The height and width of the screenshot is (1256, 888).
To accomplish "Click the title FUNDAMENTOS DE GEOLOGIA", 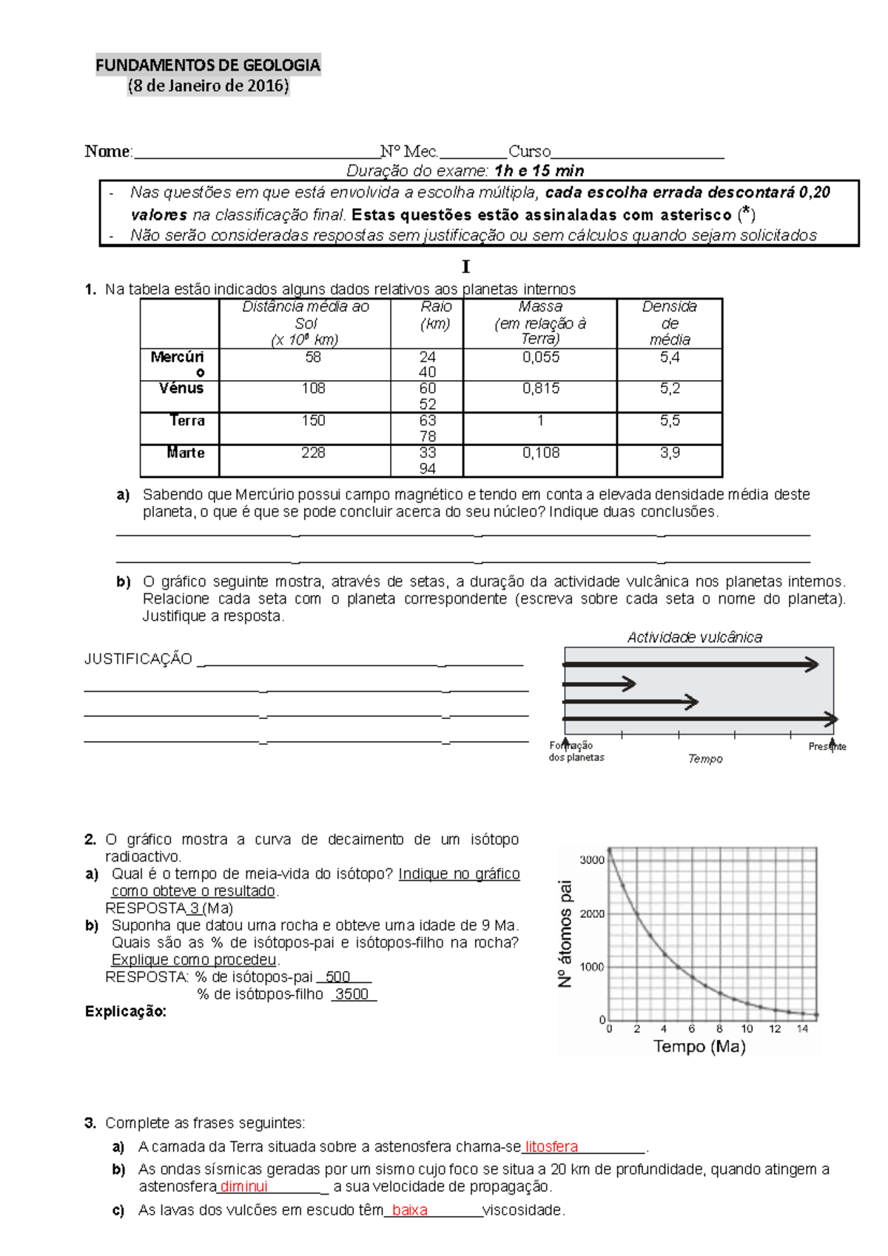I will coord(208,65).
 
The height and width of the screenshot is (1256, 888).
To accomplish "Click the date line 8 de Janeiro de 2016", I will coord(208,86).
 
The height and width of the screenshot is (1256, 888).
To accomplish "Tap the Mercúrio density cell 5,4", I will coord(670,357).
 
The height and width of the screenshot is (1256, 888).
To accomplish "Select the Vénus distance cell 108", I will coord(313,388).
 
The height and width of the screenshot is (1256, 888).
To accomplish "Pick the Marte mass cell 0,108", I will coord(541,453).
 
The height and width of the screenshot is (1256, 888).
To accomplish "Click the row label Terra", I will coord(186,421).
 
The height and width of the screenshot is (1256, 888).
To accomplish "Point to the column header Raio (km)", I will coord(436,315).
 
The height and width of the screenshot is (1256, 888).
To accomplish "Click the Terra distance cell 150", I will coord(313,421).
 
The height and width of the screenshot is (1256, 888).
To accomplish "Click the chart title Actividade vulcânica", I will coord(694,637).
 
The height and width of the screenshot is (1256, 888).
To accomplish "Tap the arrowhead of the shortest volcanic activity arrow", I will coord(630,683).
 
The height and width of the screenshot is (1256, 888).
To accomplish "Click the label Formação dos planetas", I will coord(576,752).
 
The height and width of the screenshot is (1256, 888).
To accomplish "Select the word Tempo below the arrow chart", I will coord(704,759).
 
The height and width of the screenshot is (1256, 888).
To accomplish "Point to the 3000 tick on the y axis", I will coord(592,860).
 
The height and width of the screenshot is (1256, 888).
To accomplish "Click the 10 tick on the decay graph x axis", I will coord(747,1029).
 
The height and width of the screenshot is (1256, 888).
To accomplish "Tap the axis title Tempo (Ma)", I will coord(699,1047).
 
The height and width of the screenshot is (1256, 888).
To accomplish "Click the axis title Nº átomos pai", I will coord(565,933).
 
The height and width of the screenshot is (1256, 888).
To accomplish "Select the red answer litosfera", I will coord(551,1147).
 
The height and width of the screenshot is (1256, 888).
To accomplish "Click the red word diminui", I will coord(244,1186).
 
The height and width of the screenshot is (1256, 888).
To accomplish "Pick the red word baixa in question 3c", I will coord(409,1210).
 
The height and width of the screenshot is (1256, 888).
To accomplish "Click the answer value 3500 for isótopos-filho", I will coord(351,994).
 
